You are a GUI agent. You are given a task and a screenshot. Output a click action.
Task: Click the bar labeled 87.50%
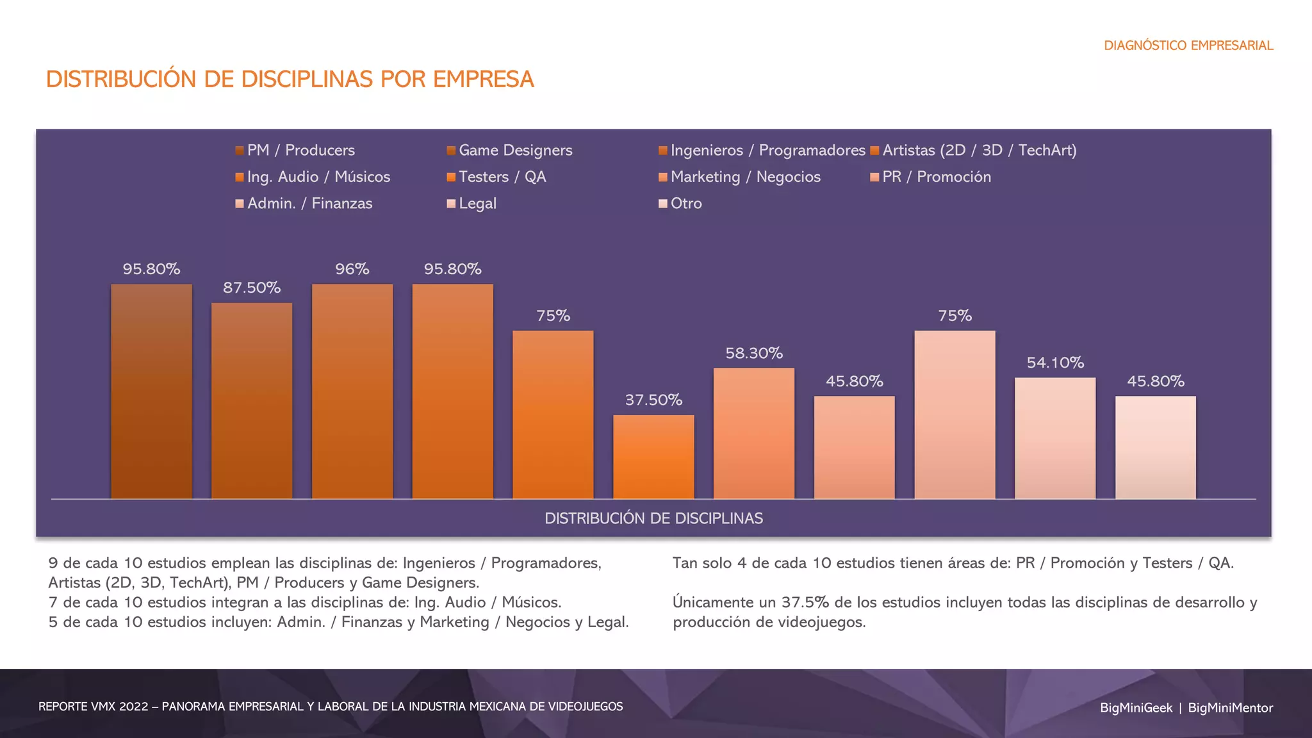(x=252, y=400)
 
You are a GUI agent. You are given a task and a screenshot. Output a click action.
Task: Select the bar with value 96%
(x=352, y=391)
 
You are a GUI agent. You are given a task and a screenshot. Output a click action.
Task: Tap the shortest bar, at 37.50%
(x=653, y=457)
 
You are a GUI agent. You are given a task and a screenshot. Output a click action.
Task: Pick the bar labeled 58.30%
(x=754, y=433)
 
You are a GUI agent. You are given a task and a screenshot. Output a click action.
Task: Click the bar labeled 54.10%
(x=1055, y=438)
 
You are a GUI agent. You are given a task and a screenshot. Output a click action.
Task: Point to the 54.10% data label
(x=1055, y=363)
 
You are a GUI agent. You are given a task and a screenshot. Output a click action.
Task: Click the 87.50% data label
(x=252, y=288)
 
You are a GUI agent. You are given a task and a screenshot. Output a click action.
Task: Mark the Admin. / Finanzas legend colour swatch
(x=240, y=204)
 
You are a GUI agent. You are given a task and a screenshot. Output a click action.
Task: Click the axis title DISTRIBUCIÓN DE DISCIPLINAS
(x=653, y=518)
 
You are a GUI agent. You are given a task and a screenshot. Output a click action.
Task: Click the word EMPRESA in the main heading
(x=483, y=79)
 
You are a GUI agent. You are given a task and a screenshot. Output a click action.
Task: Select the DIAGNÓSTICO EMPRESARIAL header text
(x=1188, y=45)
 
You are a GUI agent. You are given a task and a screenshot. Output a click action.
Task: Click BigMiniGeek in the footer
(x=1136, y=708)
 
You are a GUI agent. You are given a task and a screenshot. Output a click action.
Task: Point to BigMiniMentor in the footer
(x=1230, y=708)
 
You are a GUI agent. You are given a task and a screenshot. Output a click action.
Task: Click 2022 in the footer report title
(x=133, y=707)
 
